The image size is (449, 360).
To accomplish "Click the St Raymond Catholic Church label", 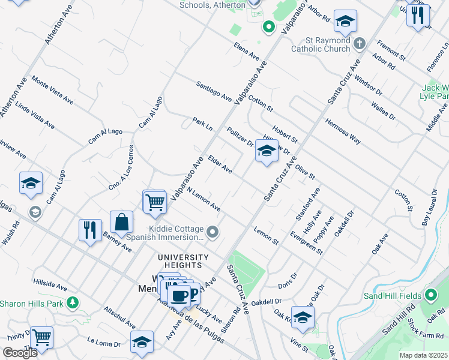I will pos(320,44).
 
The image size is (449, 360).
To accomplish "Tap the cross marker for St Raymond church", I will pos(360,43).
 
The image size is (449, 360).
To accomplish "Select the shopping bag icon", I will pos(121,222).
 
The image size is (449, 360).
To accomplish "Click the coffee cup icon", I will pos(179,295).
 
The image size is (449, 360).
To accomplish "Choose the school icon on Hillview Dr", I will pos(267,151).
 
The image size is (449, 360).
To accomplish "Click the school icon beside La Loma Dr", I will pos(142,343).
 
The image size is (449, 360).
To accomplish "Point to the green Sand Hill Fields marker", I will pos(431,296).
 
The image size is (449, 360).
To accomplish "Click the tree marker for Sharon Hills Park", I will pos(73,302).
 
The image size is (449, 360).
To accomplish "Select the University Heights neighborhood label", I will pos(183,261).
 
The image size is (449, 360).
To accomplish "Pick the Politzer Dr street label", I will pos(240,137).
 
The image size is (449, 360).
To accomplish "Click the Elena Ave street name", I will pos(247,53).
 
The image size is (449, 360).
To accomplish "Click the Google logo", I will pos(20,353).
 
